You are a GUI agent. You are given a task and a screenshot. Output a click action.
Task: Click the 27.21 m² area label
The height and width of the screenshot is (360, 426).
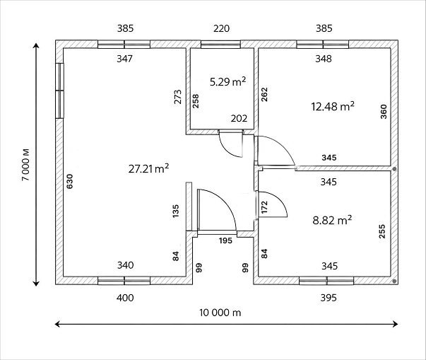[148, 168]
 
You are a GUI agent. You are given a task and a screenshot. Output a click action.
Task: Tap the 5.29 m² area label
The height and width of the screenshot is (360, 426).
[228, 81]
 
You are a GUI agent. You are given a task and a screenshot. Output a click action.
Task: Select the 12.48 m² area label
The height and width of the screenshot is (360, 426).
[333, 106]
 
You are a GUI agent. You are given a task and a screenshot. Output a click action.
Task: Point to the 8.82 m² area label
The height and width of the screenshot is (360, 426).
[332, 220]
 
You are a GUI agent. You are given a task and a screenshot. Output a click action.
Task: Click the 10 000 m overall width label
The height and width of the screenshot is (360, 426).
[220, 313]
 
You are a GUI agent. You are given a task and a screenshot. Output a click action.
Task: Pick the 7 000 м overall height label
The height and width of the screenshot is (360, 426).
[26, 165]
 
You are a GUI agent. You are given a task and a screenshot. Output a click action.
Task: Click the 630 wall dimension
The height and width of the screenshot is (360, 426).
[70, 181]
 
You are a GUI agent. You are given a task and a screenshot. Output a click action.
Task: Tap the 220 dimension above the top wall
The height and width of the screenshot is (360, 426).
[221, 28]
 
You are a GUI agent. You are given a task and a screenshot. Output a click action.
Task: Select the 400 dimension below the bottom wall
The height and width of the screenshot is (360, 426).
[125, 298]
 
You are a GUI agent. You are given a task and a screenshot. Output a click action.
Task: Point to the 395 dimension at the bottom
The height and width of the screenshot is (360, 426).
[329, 298]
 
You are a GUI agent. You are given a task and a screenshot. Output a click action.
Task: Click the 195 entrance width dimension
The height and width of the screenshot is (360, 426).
[225, 240]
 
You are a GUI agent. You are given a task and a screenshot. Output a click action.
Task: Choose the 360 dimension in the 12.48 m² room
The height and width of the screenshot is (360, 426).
[384, 112]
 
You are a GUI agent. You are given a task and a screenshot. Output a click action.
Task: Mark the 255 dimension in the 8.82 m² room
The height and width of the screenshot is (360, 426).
[382, 231]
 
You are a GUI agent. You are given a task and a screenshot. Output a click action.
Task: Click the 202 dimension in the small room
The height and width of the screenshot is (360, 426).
[239, 118]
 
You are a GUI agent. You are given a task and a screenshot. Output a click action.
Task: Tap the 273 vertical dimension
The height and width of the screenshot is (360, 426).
[178, 97]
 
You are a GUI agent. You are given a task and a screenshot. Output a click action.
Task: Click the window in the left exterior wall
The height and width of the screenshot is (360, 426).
[59, 91]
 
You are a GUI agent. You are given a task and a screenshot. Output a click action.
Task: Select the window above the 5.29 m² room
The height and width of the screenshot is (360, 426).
[220, 45]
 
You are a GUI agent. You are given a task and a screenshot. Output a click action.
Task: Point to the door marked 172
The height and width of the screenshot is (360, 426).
[272, 204]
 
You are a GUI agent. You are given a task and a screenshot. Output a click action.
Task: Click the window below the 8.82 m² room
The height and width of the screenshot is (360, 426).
[326, 281]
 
